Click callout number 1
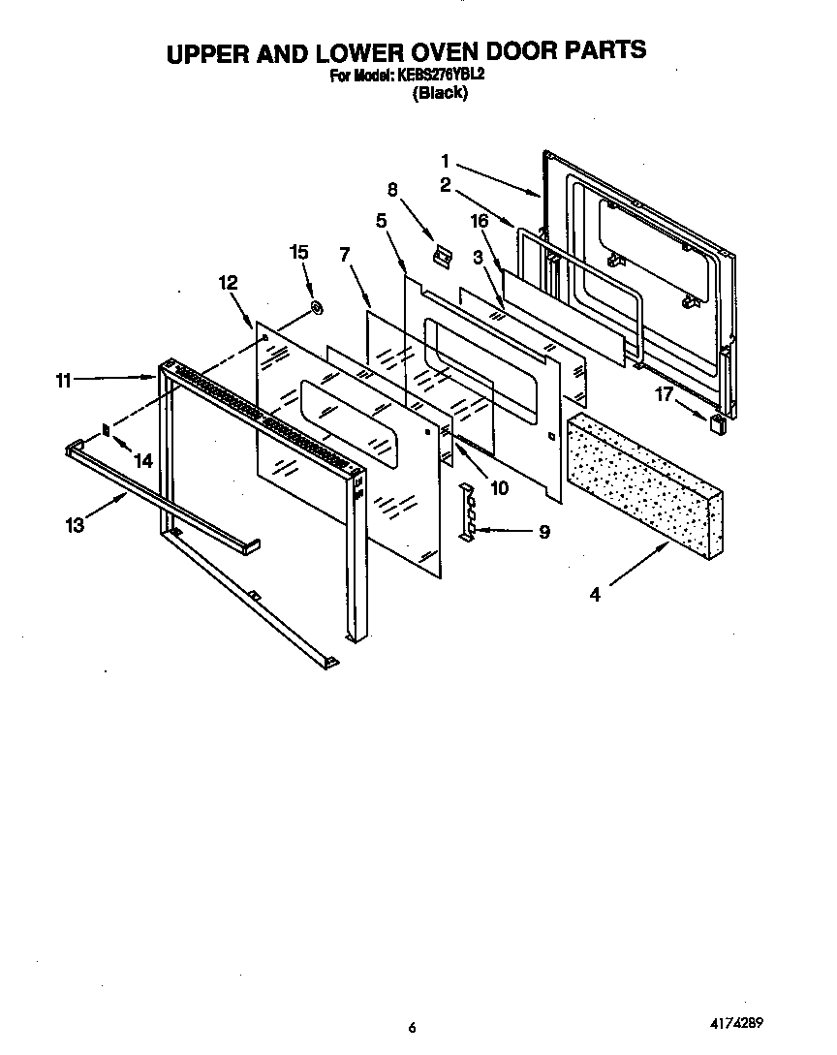click(x=445, y=161)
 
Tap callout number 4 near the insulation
click(x=595, y=596)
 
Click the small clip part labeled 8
click(x=442, y=256)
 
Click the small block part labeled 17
click(x=720, y=423)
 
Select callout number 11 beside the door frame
click(x=64, y=381)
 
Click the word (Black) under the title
click(x=441, y=93)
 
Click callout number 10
click(x=499, y=488)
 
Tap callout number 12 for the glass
click(x=228, y=283)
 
